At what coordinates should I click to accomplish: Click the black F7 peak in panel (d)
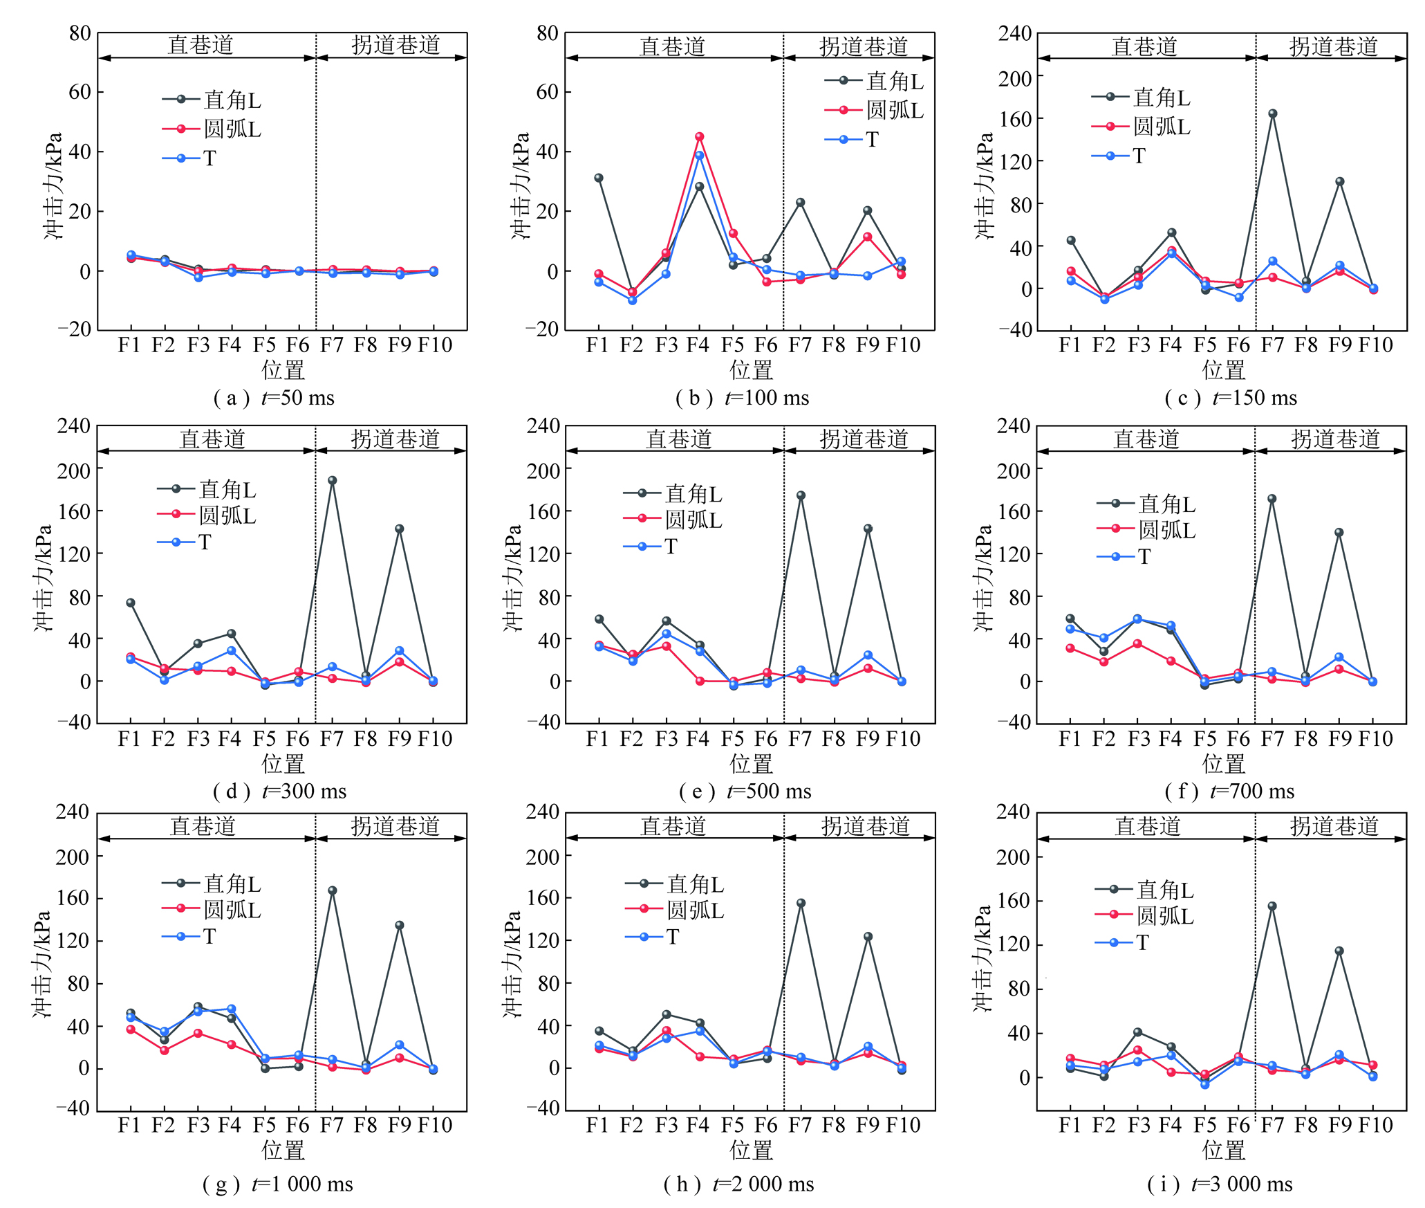(x=332, y=480)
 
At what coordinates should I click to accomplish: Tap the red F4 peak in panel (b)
(x=699, y=136)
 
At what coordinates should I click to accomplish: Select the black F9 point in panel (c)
(x=1339, y=182)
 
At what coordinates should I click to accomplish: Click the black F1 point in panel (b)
(x=598, y=178)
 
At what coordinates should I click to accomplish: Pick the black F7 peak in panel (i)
(x=1272, y=906)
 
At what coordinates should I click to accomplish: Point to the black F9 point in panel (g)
(x=399, y=925)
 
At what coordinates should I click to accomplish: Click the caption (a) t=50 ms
(x=274, y=398)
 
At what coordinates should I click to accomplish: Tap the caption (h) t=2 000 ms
(x=738, y=1184)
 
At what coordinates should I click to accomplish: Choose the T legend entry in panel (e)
(x=651, y=547)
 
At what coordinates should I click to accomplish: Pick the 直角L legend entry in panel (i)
(x=1145, y=890)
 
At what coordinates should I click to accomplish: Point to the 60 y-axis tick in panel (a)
(x=80, y=92)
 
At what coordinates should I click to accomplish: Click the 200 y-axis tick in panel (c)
(x=1014, y=78)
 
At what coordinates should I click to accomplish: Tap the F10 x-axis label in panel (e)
(x=902, y=739)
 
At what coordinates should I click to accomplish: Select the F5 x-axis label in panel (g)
(x=264, y=1125)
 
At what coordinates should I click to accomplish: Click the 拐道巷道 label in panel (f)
(x=1334, y=439)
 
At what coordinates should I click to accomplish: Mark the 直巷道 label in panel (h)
(x=673, y=826)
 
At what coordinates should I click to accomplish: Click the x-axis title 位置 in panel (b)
(x=751, y=370)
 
